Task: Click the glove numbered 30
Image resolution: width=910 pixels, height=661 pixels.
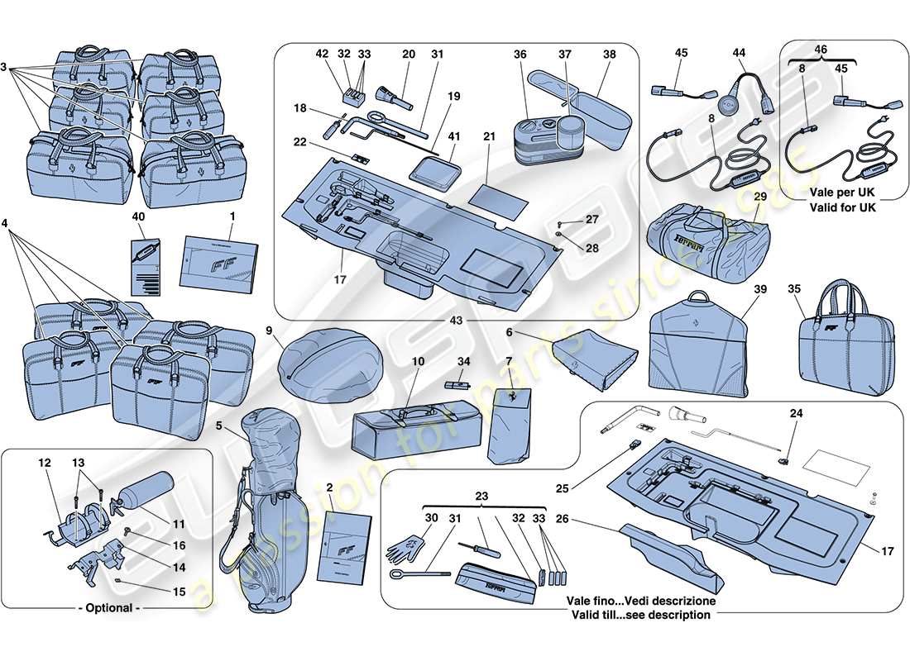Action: coord(405,545)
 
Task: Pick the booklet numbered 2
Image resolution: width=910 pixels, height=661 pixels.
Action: coord(347,542)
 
